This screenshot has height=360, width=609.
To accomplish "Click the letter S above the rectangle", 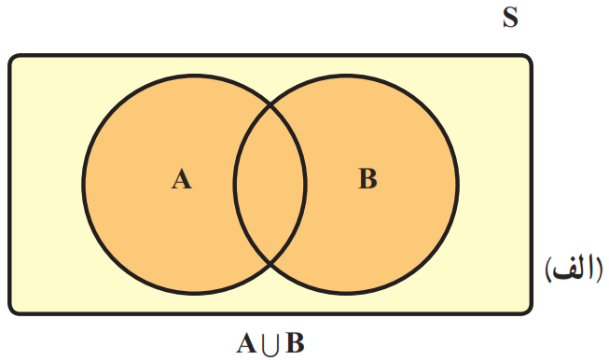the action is (x=510, y=18).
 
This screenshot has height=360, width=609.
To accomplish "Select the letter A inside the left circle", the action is (x=181, y=179).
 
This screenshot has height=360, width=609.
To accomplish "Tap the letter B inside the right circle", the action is (x=367, y=179).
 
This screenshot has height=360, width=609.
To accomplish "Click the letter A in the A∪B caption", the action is (x=246, y=343).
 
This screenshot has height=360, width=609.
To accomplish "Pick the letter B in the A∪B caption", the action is (x=296, y=343).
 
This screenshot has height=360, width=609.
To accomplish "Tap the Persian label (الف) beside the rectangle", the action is (x=574, y=269).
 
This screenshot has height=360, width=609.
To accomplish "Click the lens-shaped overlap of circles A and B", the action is (x=270, y=185).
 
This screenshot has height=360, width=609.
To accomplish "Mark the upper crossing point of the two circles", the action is (x=270, y=104).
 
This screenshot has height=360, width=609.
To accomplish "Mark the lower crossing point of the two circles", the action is (x=270, y=265).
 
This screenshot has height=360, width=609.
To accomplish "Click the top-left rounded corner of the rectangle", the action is (x=12, y=58).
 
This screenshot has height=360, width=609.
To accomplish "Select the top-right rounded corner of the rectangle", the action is (x=528, y=58).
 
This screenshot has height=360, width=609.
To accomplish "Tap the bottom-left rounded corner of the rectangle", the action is (x=12, y=311).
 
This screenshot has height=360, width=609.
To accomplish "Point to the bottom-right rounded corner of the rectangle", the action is (x=528, y=311).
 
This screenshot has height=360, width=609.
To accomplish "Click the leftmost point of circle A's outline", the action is (x=83, y=185).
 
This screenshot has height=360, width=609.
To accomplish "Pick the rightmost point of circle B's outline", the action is (x=458, y=185).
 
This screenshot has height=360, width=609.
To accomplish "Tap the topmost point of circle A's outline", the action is (x=194, y=76).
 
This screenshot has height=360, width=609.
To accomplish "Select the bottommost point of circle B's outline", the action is (x=346, y=293).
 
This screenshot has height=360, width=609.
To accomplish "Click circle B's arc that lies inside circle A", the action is (x=235, y=185).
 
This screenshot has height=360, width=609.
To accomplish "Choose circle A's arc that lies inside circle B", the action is (x=306, y=185).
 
